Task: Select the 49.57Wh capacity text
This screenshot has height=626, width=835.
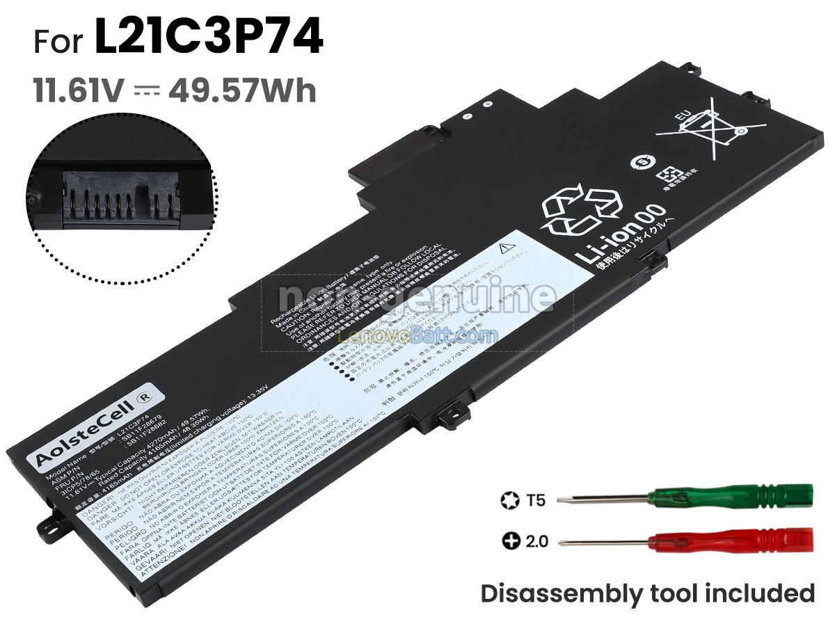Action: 242,91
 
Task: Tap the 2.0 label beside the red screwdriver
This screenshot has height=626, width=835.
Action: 536,540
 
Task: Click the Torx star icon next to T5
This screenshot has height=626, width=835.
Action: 509,499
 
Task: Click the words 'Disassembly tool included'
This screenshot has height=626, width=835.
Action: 647,594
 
